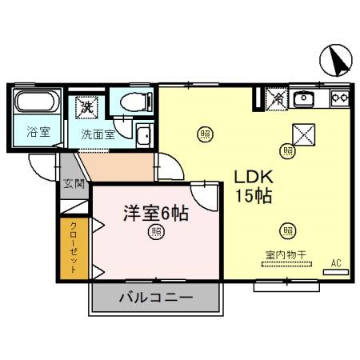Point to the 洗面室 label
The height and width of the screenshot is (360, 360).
98,134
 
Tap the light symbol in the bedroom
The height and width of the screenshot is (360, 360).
156,234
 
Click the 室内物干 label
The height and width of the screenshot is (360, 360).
286,255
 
